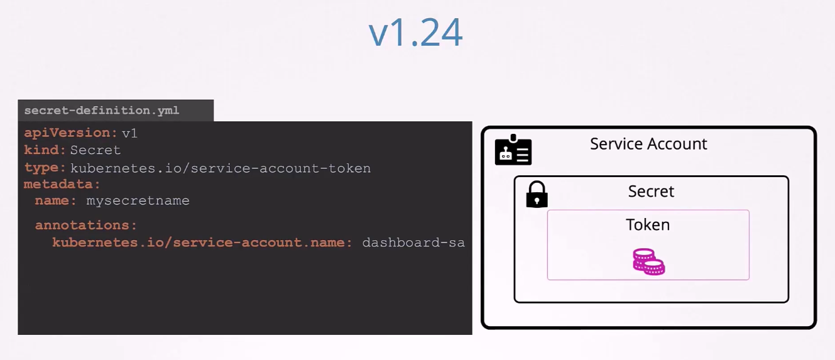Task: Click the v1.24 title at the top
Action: click(x=416, y=33)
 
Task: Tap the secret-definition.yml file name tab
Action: click(x=116, y=111)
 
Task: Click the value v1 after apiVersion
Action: click(x=129, y=133)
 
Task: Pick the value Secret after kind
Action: click(x=96, y=150)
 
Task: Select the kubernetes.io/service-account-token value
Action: click(x=221, y=168)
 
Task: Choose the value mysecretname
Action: click(x=138, y=201)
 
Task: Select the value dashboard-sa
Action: click(x=413, y=243)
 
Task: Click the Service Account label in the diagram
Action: click(x=648, y=144)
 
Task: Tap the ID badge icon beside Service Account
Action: click(x=513, y=150)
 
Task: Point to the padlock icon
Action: click(x=537, y=194)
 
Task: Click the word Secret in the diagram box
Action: click(x=651, y=192)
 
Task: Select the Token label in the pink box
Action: click(x=648, y=225)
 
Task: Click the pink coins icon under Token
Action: click(x=648, y=261)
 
